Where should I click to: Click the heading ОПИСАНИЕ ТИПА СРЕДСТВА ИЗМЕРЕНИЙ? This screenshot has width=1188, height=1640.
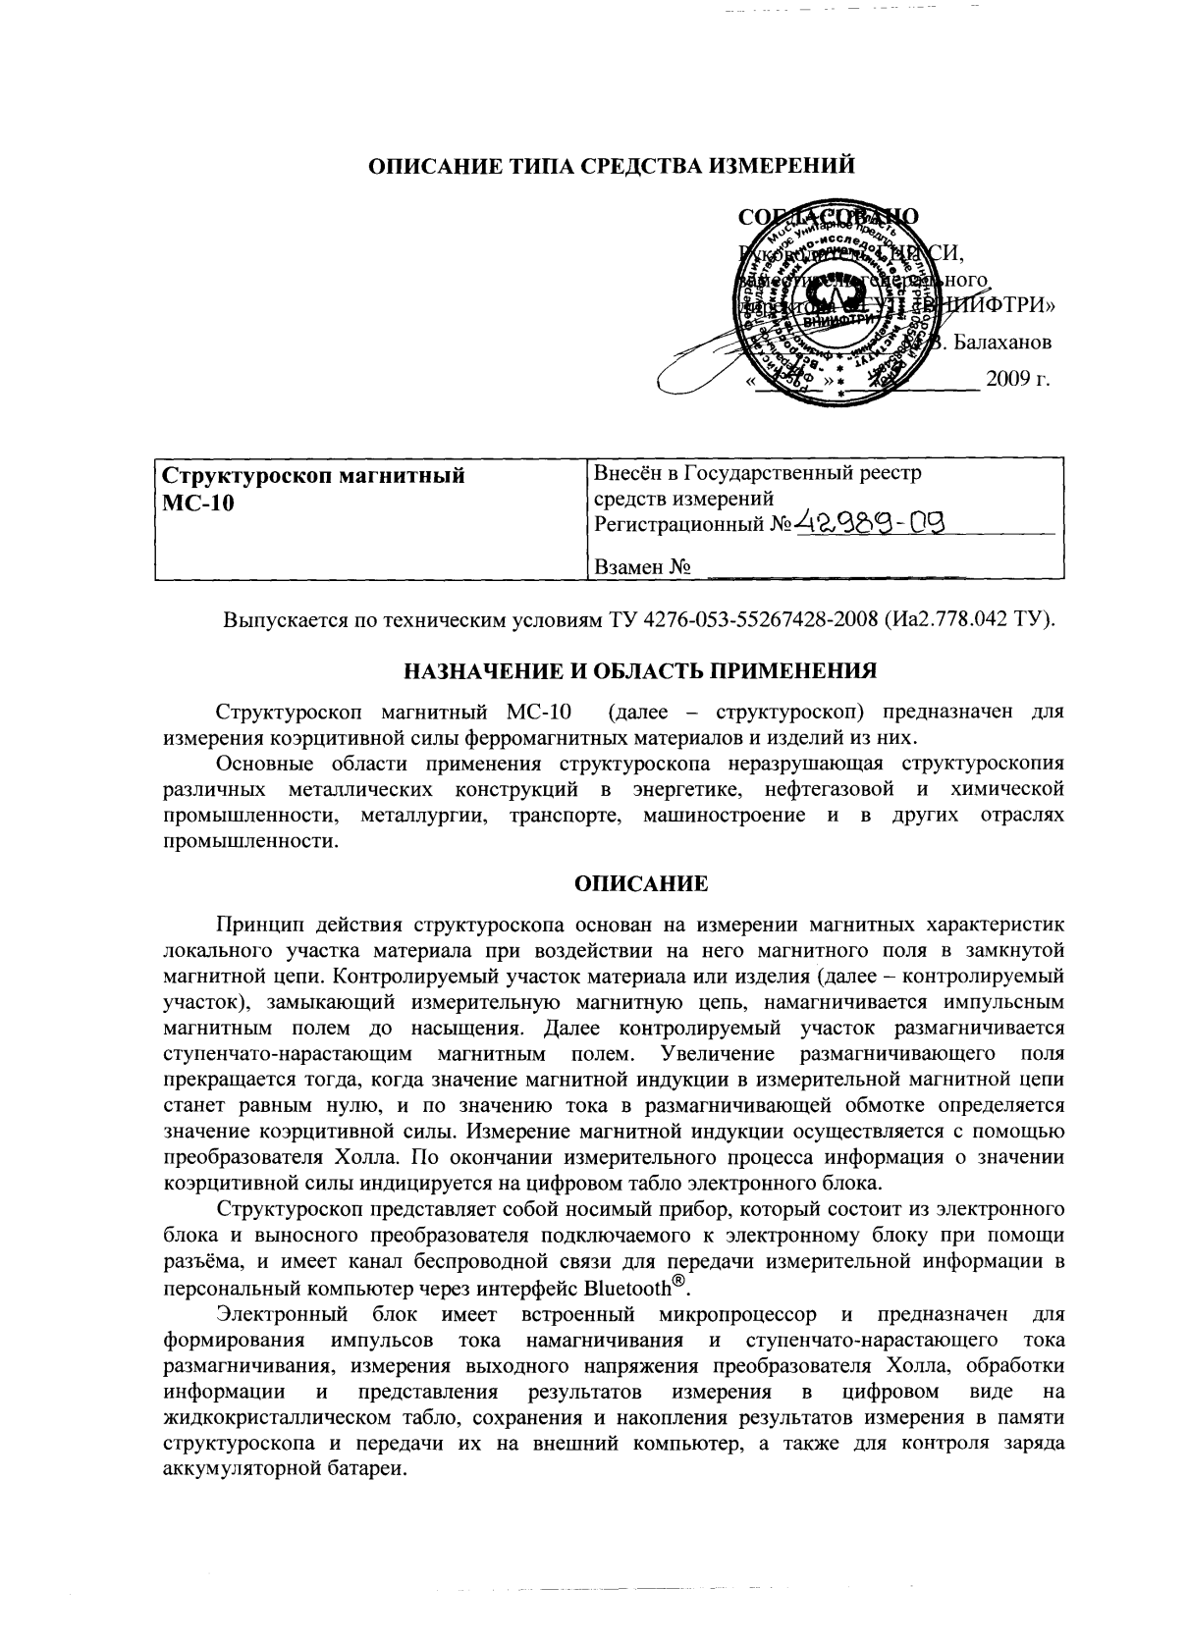(x=611, y=166)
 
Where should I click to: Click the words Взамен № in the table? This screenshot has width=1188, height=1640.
(x=640, y=567)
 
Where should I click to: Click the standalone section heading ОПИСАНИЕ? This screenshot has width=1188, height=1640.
(x=640, y=884)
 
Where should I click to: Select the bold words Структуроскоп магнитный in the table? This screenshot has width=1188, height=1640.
(x=312, y=478)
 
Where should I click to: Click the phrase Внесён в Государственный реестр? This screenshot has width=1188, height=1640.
(x=758, y=473)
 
